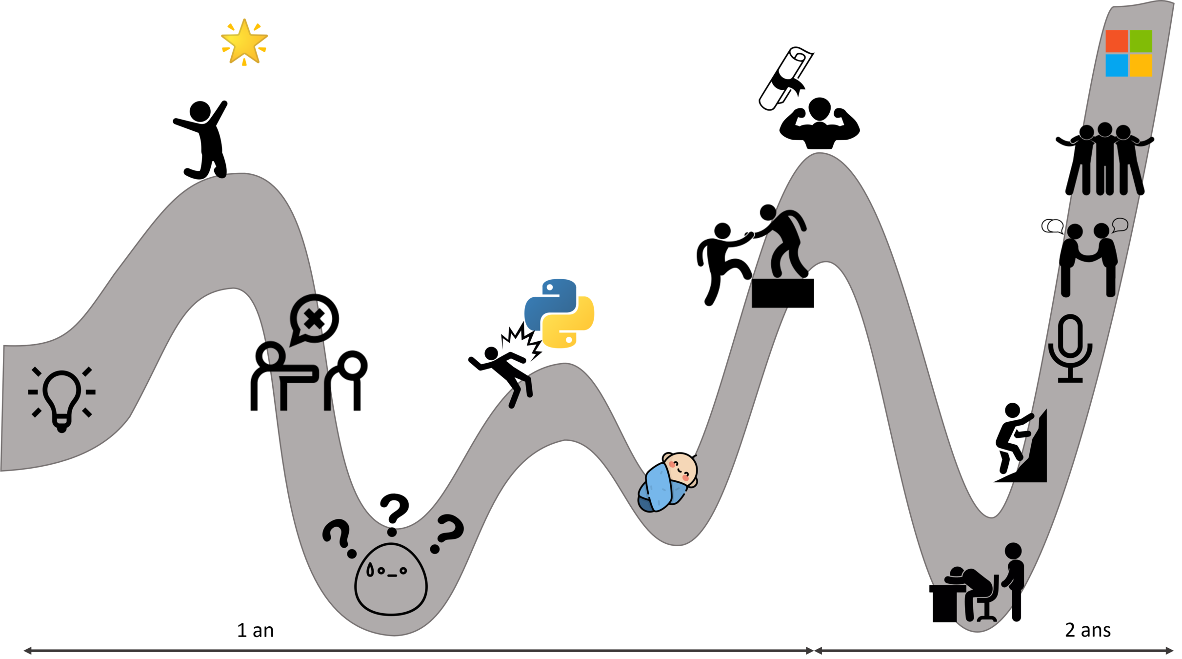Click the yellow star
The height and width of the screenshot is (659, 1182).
click(x=244, y=41)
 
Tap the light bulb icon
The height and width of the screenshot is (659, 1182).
click(x=62, y=398)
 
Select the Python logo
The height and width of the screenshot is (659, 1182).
click(x=559, y=313)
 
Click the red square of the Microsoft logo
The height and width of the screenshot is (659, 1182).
click(x=1117, y=41)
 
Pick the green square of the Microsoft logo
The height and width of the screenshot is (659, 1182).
click(x=1141, y=41)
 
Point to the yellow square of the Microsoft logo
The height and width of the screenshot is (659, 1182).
click(x=1141, y=65)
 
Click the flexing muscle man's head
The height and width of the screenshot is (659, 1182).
click(x=820, y=108)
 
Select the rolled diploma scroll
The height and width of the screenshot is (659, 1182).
click(x=785, y=78)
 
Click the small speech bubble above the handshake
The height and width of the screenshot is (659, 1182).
click(x=1120, y=225)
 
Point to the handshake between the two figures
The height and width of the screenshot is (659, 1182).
click(x=1088, y=255)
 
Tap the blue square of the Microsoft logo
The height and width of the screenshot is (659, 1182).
click(x=1117, y=65)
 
